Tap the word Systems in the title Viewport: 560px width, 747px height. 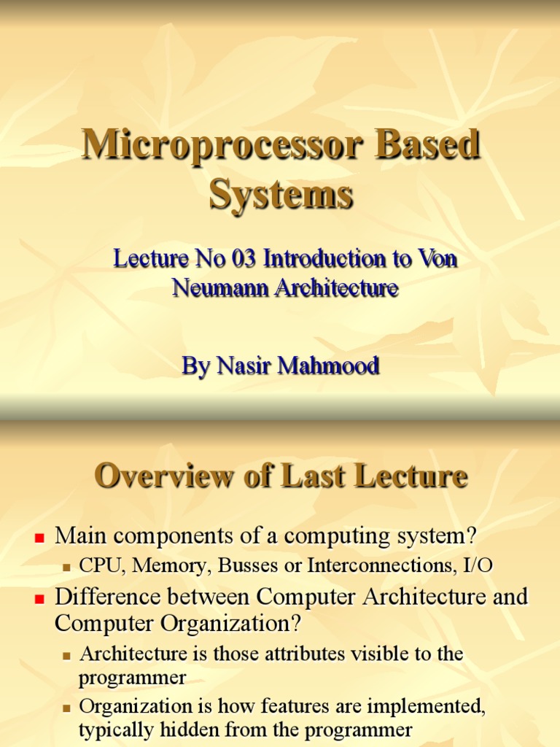281,196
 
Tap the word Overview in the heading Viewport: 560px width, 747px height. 157,477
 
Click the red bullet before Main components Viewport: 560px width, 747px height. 41,538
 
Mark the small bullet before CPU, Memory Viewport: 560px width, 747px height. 68,566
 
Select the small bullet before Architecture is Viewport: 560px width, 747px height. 68,655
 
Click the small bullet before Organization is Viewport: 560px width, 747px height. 68,708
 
